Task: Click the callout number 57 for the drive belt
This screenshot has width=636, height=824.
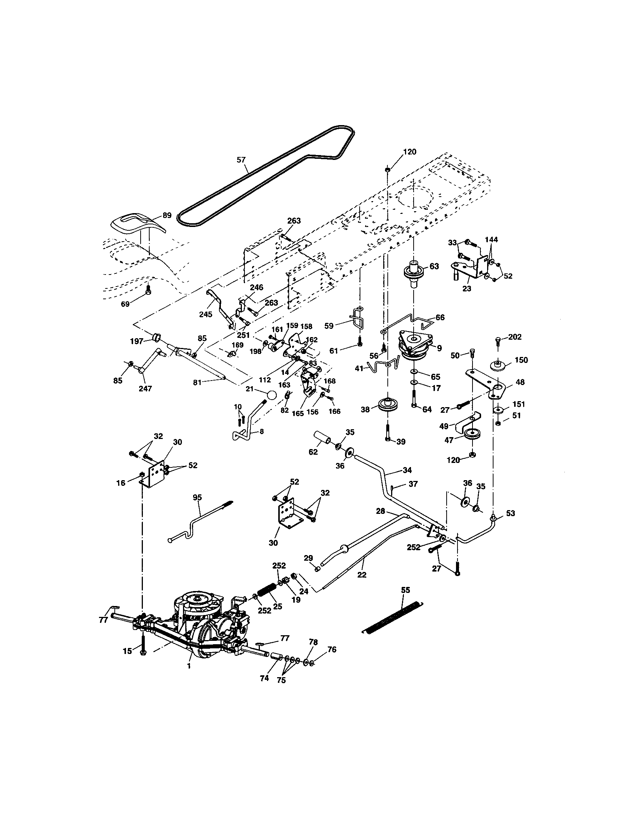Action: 241,160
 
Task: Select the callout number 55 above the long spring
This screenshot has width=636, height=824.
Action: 405,590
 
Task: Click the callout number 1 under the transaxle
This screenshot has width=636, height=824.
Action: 189,666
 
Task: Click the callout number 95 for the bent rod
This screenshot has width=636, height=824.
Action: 197,498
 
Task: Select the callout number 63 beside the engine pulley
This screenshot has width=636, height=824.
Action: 434,266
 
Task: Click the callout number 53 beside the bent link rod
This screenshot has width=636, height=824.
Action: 510,514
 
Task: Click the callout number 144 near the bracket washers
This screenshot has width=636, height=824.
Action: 491,239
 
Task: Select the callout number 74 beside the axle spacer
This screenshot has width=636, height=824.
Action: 264,678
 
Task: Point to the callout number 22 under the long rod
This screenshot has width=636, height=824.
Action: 361,575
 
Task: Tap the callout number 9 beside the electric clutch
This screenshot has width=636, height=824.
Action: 439,349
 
